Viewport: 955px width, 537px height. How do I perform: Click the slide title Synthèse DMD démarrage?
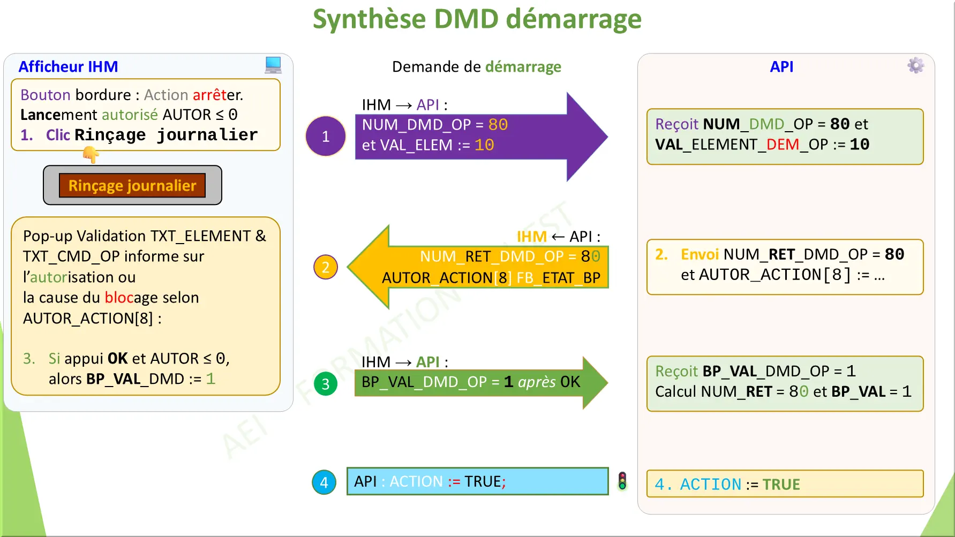coord(477,19)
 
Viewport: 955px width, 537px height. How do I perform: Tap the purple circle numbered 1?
coord(326,137)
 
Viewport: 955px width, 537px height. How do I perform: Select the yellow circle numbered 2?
coord(326,267)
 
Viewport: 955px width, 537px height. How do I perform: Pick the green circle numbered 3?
coord(326,384)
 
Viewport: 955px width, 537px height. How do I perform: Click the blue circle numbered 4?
coord(324,482)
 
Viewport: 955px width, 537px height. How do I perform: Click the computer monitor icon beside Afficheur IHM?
coord(273,65)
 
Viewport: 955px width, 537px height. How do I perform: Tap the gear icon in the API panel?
coord(915,65)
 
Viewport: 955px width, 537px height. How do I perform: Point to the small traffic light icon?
coord(622,481)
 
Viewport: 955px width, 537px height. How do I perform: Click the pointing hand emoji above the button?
coord(91,155)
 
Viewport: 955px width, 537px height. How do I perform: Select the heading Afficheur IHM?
coord(68,66)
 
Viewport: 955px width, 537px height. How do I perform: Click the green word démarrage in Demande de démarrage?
coord(523,66)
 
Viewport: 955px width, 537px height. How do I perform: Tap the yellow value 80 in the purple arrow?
coord(498,125)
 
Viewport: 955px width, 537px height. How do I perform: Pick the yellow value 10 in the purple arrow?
coord(484,145)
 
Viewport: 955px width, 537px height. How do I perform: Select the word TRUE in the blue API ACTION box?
coord(482,481)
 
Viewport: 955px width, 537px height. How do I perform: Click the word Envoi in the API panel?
coord(699,254)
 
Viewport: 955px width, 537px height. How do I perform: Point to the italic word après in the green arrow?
coord(537,382)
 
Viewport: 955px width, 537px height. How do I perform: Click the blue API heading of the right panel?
coord(781,66)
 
